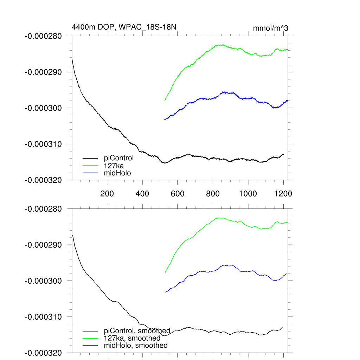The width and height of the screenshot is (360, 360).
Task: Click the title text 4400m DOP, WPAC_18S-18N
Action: (x=127, y=27)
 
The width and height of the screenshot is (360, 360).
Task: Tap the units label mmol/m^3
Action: (x=270, y=28)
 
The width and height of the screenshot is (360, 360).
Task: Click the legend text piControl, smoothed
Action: (x=137, y=331)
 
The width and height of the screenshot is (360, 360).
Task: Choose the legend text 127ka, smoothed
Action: (x=132, y=338)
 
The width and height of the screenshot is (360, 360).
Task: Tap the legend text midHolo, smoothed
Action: (x=136, y=346)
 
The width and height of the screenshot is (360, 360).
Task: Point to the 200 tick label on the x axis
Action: (x=107, y=194)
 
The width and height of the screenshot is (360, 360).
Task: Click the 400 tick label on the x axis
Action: (x=142, y=194)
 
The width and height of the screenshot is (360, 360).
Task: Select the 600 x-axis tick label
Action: (x=178, y=194)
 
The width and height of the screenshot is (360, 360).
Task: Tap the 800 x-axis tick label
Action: (x=213, y=194)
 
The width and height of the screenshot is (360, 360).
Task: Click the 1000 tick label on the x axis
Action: (x=248, y=194)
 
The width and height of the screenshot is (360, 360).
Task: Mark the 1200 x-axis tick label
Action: (x=283, y=194)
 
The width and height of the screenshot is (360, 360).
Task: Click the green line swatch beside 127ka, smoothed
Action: (x=90, y=338)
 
